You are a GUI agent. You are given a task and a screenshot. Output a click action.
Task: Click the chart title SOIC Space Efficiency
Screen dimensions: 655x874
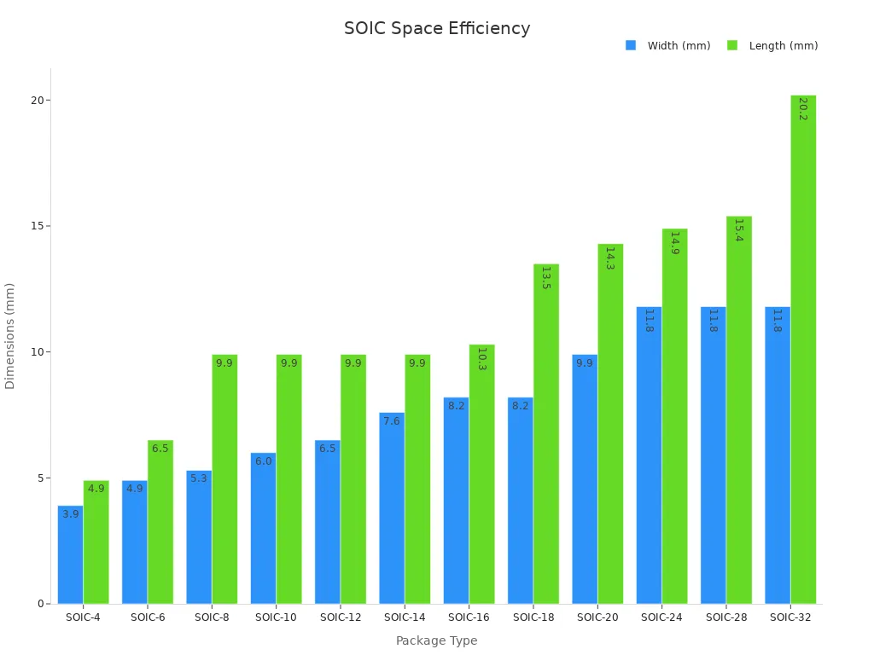[437, 29]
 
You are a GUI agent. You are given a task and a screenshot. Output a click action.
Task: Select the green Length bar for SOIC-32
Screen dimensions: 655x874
[803, 350]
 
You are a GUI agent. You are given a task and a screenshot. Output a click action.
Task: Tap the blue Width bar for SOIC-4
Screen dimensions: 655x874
[70, 554]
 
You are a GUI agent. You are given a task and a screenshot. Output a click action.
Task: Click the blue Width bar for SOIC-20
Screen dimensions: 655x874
[585, 478]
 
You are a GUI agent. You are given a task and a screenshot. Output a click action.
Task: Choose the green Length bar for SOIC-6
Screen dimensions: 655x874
[160, 522]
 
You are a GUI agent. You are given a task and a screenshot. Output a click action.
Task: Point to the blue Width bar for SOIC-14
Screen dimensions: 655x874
[392, 508]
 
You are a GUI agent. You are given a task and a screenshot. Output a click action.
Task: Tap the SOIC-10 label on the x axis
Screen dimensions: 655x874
[276, 617]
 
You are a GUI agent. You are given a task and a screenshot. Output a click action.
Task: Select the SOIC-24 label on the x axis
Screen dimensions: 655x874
[661, 617]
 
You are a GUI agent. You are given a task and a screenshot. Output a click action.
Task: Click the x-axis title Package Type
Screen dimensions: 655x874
[436, 641]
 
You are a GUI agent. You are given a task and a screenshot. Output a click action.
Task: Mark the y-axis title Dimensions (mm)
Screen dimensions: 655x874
[10, 336]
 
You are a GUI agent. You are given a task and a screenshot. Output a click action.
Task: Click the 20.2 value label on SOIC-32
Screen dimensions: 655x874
[803, 108]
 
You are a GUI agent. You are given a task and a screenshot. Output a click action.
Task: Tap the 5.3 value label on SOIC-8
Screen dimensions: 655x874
[199, 478]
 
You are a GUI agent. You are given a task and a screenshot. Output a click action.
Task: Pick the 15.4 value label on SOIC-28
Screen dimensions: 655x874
[739, 229]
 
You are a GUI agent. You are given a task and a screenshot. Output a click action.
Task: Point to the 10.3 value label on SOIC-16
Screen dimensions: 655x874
[481, 358]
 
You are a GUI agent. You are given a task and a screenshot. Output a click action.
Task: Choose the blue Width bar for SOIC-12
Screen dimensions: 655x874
[327, 522]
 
